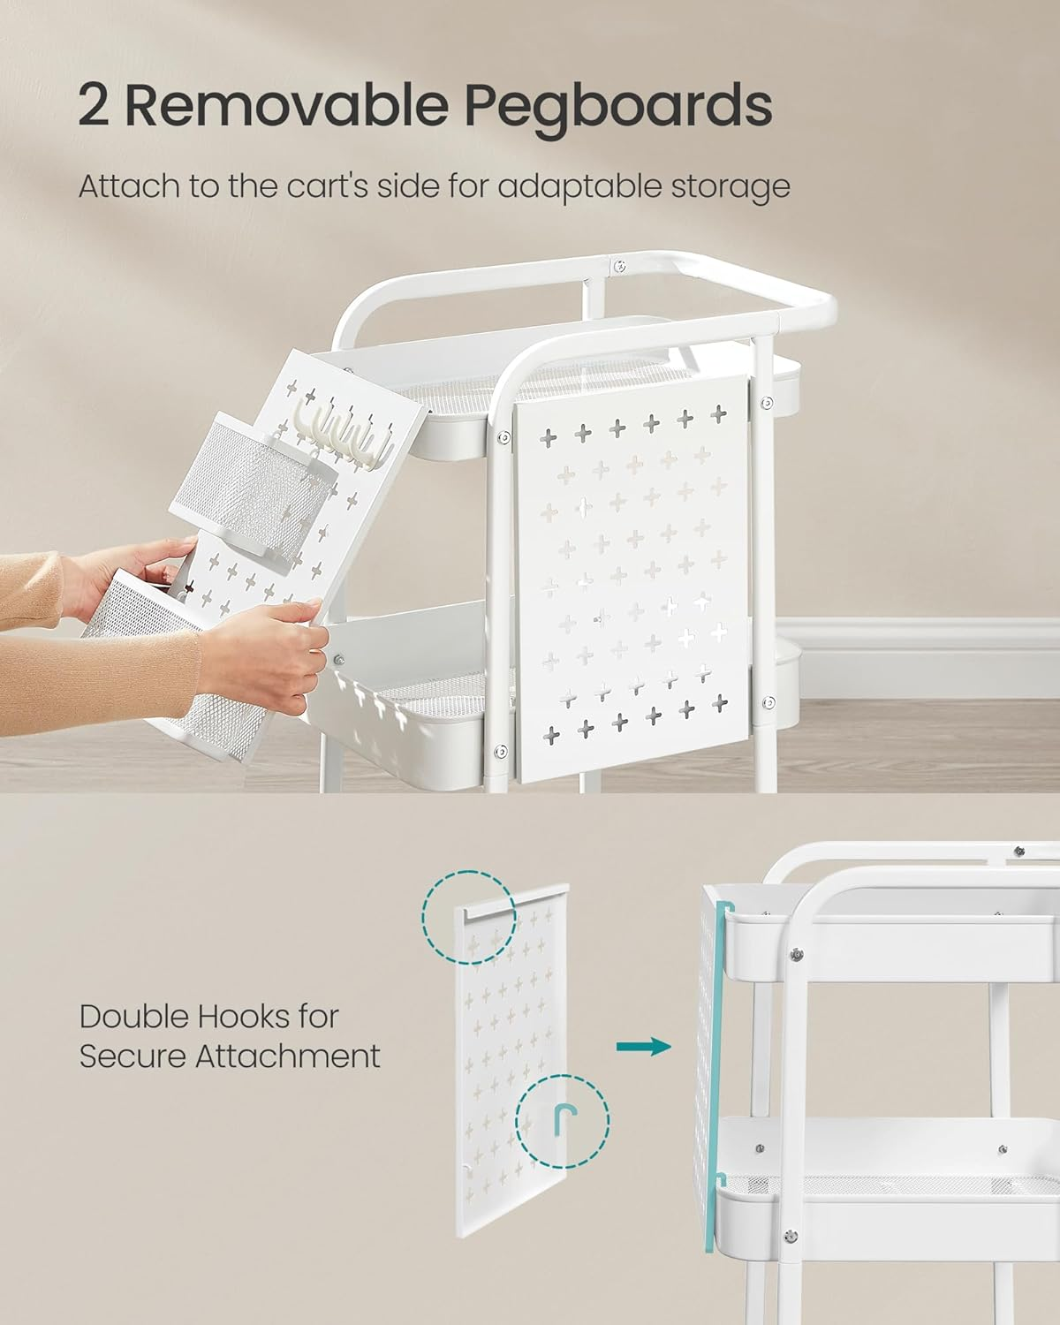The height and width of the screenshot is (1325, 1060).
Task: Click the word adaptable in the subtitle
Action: (581, 186)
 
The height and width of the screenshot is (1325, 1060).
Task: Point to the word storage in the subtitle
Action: (733, 188)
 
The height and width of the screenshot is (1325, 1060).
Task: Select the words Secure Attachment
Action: (230, 1056)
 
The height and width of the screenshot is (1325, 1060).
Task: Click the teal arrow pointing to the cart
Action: (643, 1047)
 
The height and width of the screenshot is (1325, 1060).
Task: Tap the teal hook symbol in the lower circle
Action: (563, 1120)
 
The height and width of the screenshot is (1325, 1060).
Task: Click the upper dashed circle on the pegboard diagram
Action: (468, 915)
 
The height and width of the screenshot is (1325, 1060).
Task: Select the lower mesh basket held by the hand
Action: (168, 654)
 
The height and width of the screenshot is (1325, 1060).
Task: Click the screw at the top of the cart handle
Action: (620, 264)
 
